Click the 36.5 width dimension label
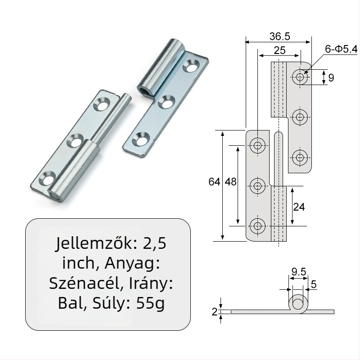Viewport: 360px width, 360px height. coord(278,35)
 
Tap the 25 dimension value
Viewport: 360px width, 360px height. coord(279,50)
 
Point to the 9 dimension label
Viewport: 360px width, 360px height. coord(331,77)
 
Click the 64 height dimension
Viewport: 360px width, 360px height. coord(214,182)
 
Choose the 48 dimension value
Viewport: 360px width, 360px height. coord(230,182)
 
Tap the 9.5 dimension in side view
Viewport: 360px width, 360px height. coord(298,271)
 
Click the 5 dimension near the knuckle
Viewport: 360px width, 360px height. coord(314,284)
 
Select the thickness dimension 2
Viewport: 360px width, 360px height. coord(215,311)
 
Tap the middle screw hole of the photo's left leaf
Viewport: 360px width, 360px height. coord(73,142)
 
